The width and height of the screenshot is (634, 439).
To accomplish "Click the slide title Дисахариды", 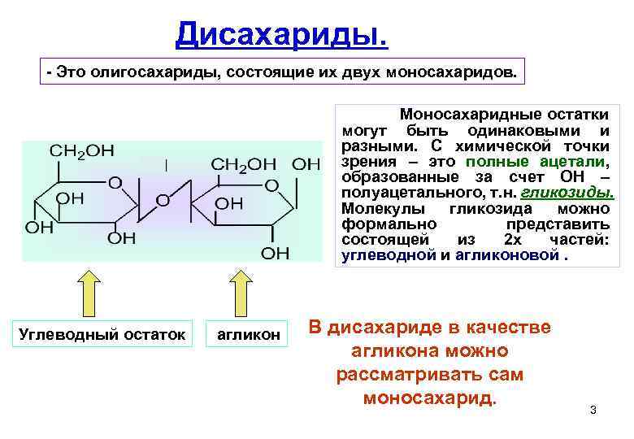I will tap(282, 33).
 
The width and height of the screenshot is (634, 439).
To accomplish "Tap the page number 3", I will tap(593, 409).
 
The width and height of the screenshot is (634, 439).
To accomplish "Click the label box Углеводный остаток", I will tap(102, 334).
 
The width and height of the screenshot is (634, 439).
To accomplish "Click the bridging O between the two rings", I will tap(163, 199).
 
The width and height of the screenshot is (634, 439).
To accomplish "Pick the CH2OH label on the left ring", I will tap(82, 151).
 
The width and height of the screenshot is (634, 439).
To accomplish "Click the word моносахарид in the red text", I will tap(429, 398).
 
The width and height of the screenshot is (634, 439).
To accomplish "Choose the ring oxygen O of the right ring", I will tap(272, 186).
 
